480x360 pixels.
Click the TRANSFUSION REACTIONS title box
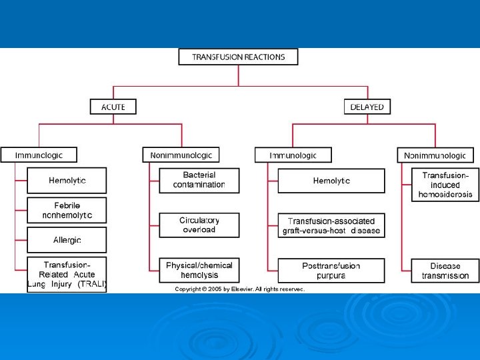[x=238, y=57]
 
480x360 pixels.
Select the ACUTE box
[x=113, y=107]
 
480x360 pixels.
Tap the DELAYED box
[x=367, y=107]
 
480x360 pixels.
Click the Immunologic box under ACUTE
[x=39, y=155]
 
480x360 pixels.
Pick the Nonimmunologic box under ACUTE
[x=181, y=155]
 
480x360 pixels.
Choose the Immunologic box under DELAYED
[x=293, y=155]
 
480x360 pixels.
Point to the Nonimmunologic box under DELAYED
[x=436, y=155]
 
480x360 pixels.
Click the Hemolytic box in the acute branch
[x=67, y=180]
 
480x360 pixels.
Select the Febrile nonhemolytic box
[x=67, y=209]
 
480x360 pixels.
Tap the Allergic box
[x=67, y=239]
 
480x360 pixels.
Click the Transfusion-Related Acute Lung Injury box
[x=67, y=274]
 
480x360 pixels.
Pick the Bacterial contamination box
[x=199, y=180]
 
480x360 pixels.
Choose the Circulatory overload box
[x=199, y=225]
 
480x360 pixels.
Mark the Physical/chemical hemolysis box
[x=199, y=269]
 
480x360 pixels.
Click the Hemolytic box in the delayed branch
[x=331, y=181]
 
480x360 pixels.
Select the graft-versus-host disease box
[x=331, y=225]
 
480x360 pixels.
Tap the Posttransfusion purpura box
[x=331, y=270]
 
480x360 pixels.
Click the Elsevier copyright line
[x=239, y=289]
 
